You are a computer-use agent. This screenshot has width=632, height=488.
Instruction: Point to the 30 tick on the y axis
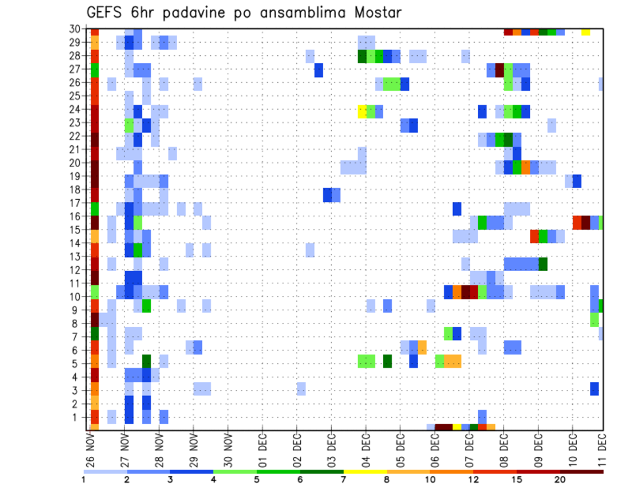tap(77, 28)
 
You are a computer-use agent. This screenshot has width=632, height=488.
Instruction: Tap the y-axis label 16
tap(77, 216)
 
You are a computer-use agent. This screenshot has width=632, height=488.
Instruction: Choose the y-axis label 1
tap(80, 416)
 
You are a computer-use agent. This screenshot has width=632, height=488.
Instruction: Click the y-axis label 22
tap(77, 135)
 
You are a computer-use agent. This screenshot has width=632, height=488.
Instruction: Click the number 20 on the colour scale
tap(561, 479)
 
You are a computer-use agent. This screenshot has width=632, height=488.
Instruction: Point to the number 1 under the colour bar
tap(84, 479)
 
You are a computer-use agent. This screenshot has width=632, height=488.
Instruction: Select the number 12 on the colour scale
tap(474, 479)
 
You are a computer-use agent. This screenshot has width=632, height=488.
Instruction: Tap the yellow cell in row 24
tap(362, 111)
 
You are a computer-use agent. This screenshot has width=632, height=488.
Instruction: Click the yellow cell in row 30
tap(586, 32)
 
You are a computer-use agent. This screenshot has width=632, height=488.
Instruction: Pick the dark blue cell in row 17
tap(457, 208)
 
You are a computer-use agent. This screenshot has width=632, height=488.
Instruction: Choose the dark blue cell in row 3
tap(594, 389)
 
